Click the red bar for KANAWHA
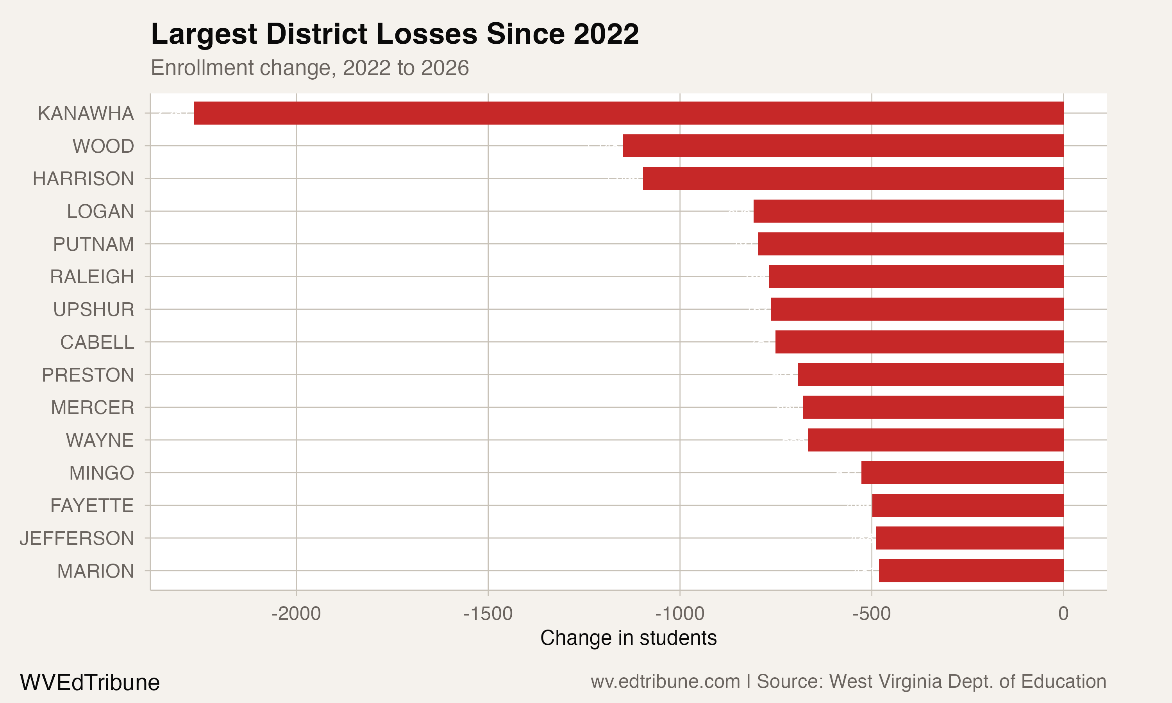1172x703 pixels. (629, 113)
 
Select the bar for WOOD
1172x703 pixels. (843, 146)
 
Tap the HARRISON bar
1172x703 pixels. (853, 178)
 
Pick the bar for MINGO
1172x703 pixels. (962, 473)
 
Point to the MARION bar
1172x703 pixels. (971, 571)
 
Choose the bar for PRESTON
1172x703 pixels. (931, 375)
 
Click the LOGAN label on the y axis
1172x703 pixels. (100, 211)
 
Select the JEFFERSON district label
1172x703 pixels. (77, 538)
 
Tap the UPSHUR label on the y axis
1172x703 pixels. (94, 309)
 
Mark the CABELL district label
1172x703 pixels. (97, 342)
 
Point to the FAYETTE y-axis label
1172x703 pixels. (92, 505)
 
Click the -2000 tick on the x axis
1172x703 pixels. (296, 614)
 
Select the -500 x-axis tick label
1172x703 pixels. (872, 614)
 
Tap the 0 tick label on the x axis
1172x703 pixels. (1063, 614)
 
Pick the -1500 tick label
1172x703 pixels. (488, 614)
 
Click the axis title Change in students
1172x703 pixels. (628, 638)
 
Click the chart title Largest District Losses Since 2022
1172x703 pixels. (395, 34)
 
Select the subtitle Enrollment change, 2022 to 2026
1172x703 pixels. (310, 68)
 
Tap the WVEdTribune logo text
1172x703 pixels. (89, 683)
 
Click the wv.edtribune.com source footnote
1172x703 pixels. (848, 682)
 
